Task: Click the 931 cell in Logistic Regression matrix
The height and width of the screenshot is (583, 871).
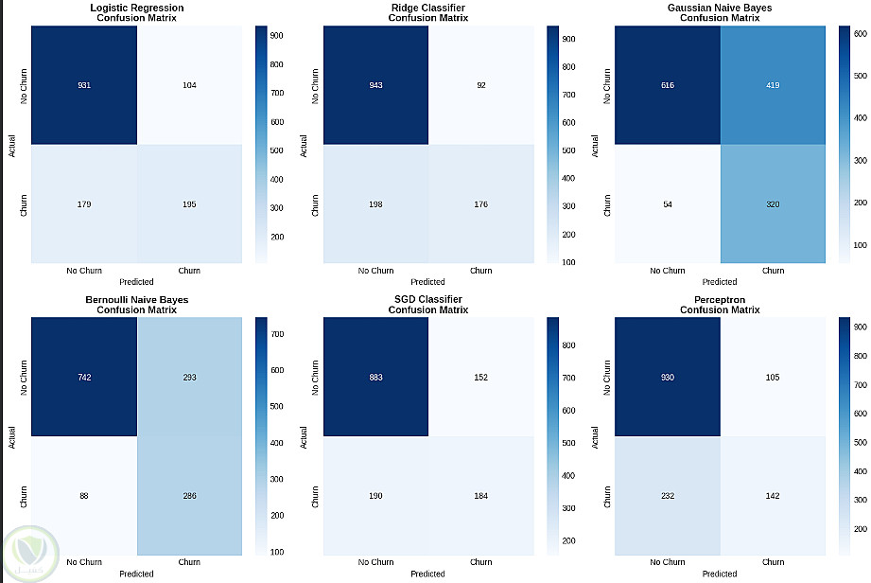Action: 85,85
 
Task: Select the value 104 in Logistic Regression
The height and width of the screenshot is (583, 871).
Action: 189,85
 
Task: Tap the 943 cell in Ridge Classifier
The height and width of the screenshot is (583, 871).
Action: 376,85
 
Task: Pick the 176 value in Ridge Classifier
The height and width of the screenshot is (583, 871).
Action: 480,203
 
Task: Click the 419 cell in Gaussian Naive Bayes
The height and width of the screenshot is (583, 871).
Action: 773,85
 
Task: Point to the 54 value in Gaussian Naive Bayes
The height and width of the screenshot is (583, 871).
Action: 668,203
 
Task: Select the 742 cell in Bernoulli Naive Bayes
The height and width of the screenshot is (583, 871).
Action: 85,378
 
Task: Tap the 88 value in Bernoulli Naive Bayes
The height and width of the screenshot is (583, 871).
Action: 85,496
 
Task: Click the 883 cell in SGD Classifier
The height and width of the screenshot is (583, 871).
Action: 376,378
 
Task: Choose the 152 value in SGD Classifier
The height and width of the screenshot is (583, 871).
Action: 480,378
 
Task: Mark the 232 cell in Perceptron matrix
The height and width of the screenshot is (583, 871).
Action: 668,496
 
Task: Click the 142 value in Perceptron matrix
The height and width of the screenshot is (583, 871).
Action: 773,496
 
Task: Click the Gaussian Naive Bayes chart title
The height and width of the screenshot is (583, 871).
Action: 720,12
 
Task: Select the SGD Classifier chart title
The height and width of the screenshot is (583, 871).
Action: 427,305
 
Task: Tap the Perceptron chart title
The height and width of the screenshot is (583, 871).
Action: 720,305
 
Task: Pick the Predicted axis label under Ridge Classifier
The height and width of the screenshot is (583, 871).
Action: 427,281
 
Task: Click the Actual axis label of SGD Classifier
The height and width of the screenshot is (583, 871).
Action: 304,436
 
